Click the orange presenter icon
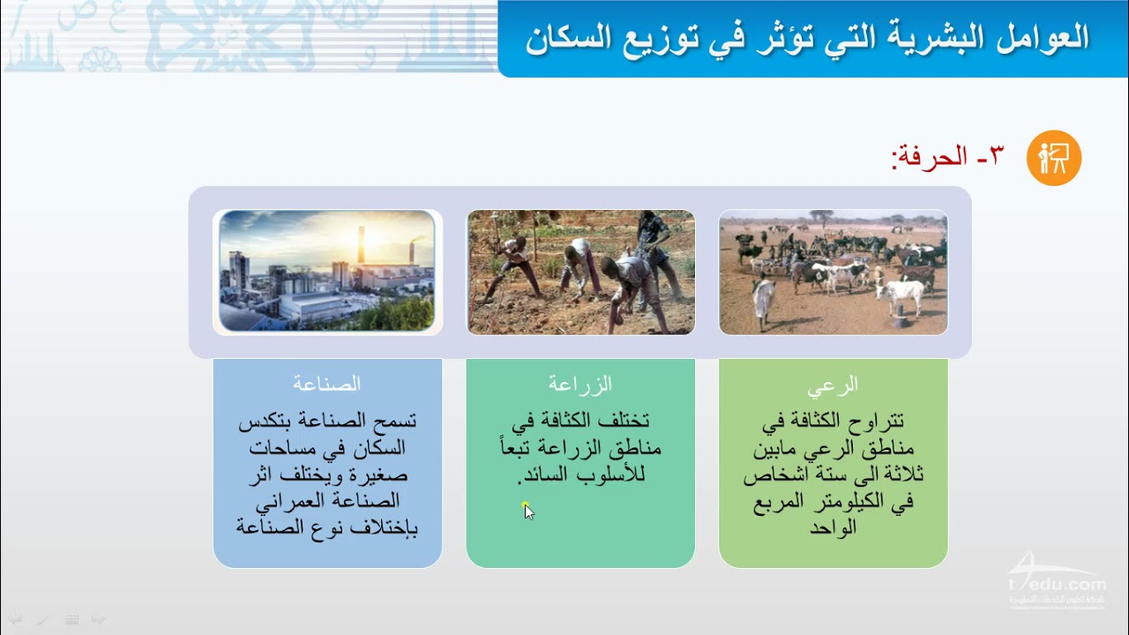pos(1054,158)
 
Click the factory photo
pos(327,271)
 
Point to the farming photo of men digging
pos(580,273)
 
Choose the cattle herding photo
pos(834,273)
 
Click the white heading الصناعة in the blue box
pos(327,384)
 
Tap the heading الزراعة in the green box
pos(580,384)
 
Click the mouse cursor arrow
pos(528,512)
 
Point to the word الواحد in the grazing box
pos(834,527)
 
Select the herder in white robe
pos(764,303)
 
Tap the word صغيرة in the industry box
pos(380,474)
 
